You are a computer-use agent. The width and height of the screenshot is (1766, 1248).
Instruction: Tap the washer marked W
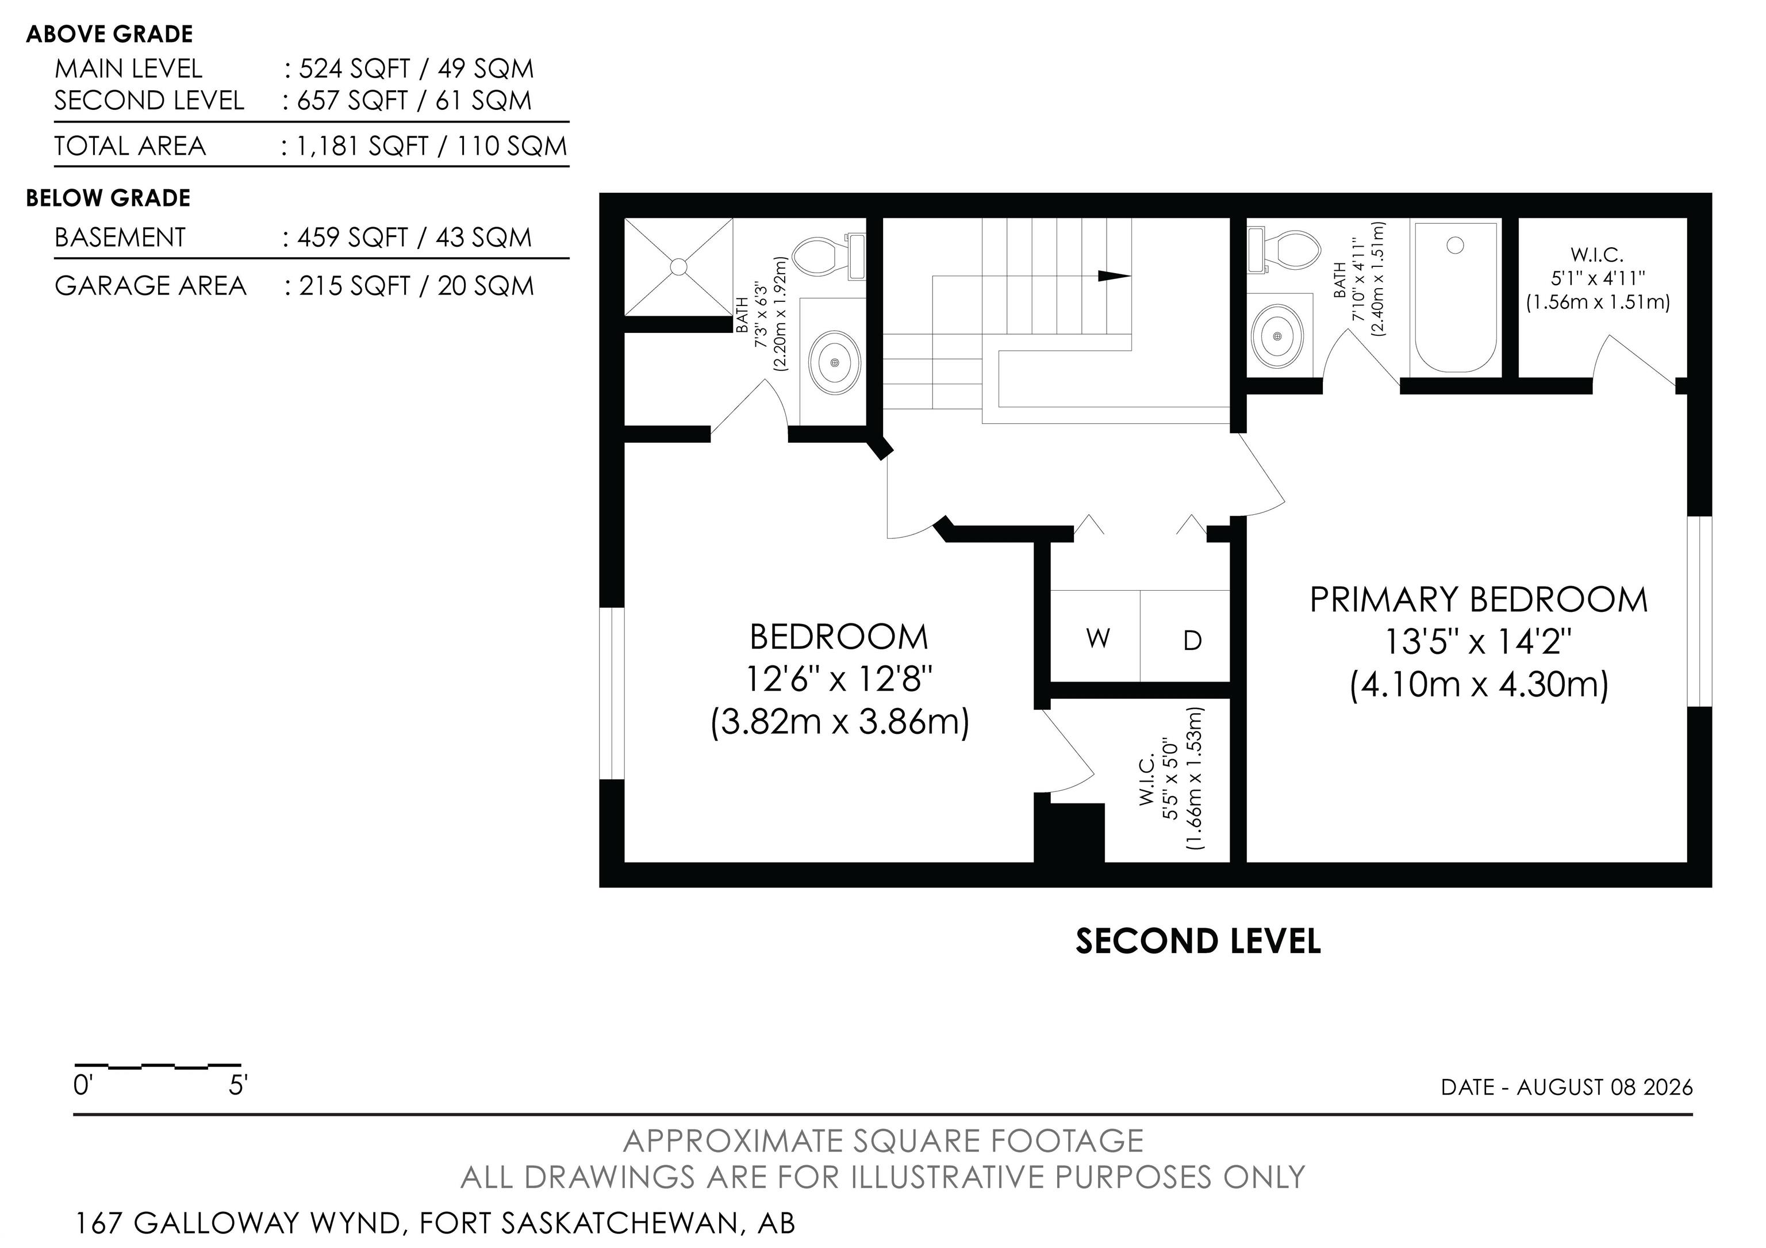click(1096, 637)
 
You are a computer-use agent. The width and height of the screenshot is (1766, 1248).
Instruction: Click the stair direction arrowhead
click(1114, 276)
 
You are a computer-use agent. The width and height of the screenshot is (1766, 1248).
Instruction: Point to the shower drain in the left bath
click(678, 266)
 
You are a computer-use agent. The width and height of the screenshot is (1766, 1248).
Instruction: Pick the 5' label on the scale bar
click(237, 1086)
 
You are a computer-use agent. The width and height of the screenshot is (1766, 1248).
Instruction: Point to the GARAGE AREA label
click(150, 286)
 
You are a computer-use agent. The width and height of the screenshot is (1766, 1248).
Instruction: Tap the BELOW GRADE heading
click(109, 198)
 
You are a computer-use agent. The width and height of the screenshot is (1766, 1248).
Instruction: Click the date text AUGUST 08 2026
click(1604, 1087)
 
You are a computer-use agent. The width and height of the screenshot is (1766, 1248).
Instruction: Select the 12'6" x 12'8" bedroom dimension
click(839, 679)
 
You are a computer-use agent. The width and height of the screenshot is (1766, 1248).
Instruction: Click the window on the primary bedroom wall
click(1699, 611)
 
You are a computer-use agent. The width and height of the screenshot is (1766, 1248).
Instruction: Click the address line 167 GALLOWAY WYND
click(239, 1223)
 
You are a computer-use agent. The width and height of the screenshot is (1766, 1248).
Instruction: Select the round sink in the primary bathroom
click(1277, 336)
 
